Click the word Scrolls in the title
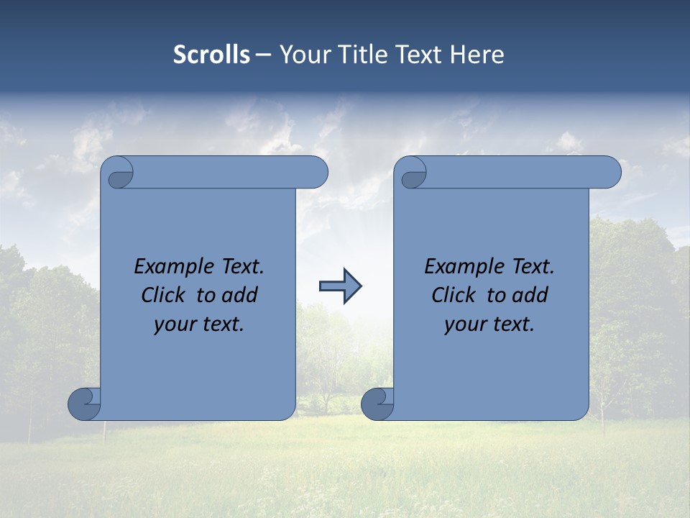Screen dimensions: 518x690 pyautogui.click(x=211, y=55)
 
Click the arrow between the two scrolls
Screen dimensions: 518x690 pyautogui.click(x=340, y=286)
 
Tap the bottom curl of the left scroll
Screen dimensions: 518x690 pyautogui.click(x=84, y=404)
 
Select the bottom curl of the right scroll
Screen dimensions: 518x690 pyautogui.click(x=377, y=404)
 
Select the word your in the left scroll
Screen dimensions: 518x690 pyautogui.click(x=175, y=324)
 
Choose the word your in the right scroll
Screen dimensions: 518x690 pyautogui.click(x=465, y=324)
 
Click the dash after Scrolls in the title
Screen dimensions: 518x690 pyautogui.click(x=262, y=55)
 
